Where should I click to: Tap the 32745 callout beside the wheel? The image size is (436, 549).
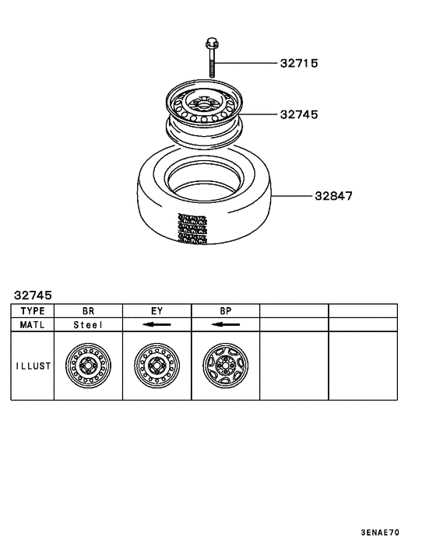[299, 114]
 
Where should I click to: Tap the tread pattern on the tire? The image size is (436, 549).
[191, 229]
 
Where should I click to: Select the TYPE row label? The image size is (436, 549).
[32, 309]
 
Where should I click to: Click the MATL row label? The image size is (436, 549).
[32, 324]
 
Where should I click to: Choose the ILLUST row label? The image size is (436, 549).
[32, 365]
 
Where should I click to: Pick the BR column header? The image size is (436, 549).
[88, 309]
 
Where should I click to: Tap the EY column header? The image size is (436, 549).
[156, 309]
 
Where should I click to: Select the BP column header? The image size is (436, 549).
[225, 309]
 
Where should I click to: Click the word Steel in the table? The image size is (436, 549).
[88, 324]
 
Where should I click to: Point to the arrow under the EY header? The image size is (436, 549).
[156, 324]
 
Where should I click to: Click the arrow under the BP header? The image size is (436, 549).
[225, 324]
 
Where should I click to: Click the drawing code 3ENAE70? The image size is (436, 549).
[380, 533]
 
